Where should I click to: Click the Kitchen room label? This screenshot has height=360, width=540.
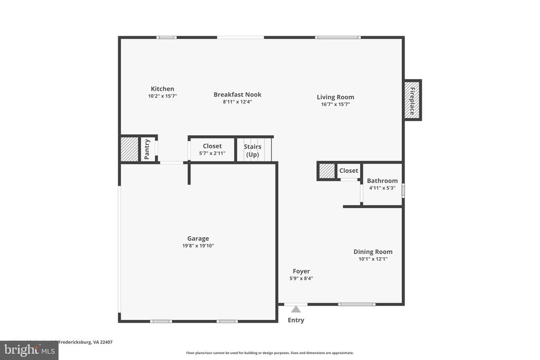(162, 89)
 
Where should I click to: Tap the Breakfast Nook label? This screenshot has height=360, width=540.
(237, 95)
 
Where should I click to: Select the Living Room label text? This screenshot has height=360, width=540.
(335, 97)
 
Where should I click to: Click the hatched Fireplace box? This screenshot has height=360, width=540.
(413, 100)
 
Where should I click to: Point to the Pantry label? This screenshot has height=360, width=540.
(147, 149)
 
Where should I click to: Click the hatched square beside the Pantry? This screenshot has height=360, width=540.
(129, 149)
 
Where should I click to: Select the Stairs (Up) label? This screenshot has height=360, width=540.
(253, 150)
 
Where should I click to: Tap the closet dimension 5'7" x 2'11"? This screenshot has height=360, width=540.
(212, 153)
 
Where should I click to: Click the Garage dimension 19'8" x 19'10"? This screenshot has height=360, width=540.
(198, 246)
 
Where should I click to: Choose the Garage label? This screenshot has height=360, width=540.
(198, 238)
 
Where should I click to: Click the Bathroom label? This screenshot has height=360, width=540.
(382, 181)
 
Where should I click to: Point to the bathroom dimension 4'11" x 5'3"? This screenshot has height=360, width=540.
(382, 188)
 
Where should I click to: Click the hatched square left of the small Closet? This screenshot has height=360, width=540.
(327, 171)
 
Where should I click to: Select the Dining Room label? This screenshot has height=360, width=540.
(373, 252)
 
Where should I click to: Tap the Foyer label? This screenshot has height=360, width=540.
(301, 271)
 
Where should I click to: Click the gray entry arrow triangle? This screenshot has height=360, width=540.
(296, 309)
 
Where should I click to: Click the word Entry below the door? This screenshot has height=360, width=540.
(296, 320)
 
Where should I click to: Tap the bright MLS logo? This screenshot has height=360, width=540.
(29, 349)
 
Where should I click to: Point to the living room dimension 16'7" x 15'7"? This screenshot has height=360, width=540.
(335, 104)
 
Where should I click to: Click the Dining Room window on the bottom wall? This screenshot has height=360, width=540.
(356, 304)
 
